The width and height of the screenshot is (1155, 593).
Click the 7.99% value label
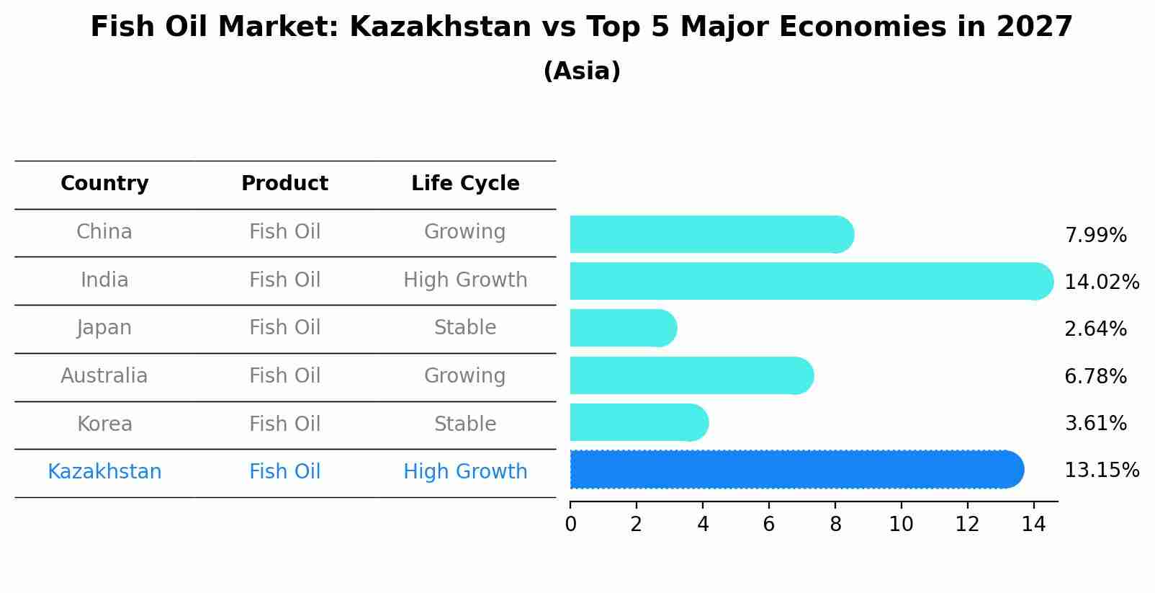pos(1095,236)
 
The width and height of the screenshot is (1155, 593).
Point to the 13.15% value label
pos(1101,471)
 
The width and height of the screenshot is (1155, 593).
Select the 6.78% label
pos(1095,376)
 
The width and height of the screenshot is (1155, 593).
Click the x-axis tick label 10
pos(901,525)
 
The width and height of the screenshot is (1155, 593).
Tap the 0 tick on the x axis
pos(570,525)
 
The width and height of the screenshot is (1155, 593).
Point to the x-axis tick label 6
pos(768,525)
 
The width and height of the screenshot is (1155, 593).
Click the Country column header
pos(104,184)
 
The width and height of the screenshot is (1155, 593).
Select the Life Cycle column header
pos(465,184)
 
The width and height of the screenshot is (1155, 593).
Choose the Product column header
pos(284,184)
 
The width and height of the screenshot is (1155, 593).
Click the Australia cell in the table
pos(104,376)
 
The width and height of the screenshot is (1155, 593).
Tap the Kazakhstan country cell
pos(104,472)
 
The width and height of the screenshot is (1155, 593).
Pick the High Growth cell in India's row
pos(465,280)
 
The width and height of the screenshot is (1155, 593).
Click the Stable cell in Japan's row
pos(465,328)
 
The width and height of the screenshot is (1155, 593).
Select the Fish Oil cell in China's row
pos(284,232)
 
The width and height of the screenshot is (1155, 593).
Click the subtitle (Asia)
pos(581,71)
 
